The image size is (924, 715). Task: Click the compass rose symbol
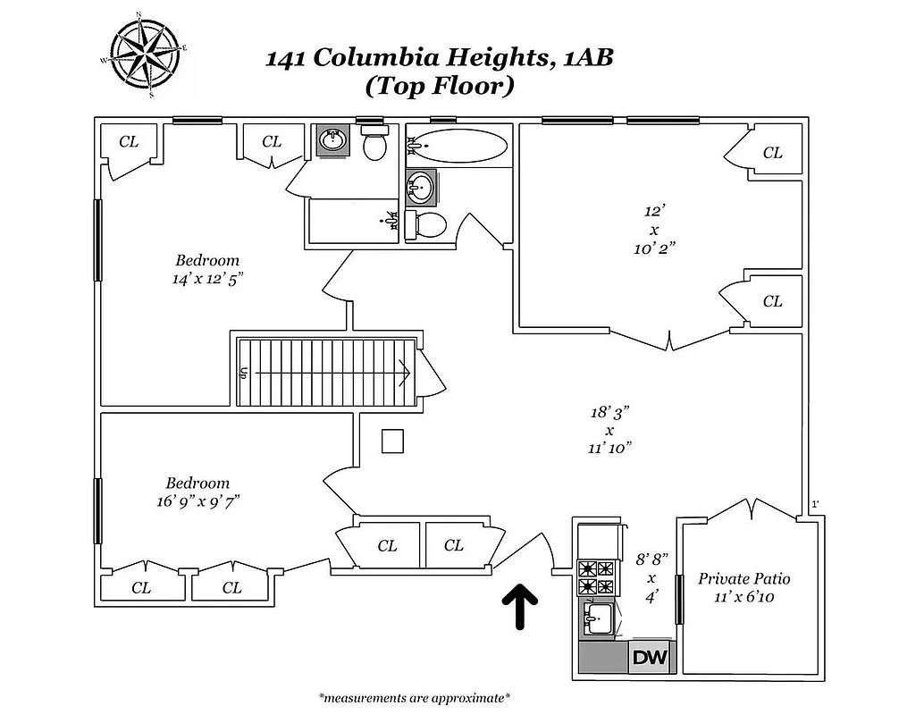pyautogui.click(x=147, y=55)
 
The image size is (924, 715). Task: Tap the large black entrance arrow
pyautogui.click(x=520, y=607)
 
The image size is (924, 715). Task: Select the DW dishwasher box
pyautogui.click(x=651, y=657)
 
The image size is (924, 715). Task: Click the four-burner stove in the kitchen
pyautogui.click(x=596, y=578)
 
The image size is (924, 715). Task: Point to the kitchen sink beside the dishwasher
pyautogui.click(x=599, y=619)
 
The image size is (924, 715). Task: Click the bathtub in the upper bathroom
pyautogui.click(x=457, y=146)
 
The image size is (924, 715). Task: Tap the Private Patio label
pyautogui.click(x=743, y=587)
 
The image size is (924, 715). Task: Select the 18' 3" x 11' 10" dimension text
pyautogui.click(x=610, y=430)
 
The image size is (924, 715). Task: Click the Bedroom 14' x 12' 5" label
pyautogui.click(x=207, y=269)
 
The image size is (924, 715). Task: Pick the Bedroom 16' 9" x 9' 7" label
pyautogui.click(x=197, y=492)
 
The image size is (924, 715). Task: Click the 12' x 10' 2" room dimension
pyautogui.click(x=654, y=230)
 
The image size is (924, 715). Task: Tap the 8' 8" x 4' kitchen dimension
pyautogui.click(x=651, y=578)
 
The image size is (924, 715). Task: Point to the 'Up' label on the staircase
pyautogui.click(x=243, y=373)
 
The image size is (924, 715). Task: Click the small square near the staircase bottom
pyautogui.click(x=392, y=441)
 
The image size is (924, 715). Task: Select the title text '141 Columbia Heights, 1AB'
pyautogui.click(x=440, y=58)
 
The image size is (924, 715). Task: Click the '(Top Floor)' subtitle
pyautogui.click(x=440, y=86)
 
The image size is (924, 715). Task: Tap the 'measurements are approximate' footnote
pyautogui.click(x=415, y=699)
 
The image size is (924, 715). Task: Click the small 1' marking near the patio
pyautogui.click(x=815, y=504)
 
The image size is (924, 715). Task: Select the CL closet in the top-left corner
pyautogui.click(x=129, y=141)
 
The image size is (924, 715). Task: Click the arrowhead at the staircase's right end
pyautogui.click(x=406, y=373)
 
